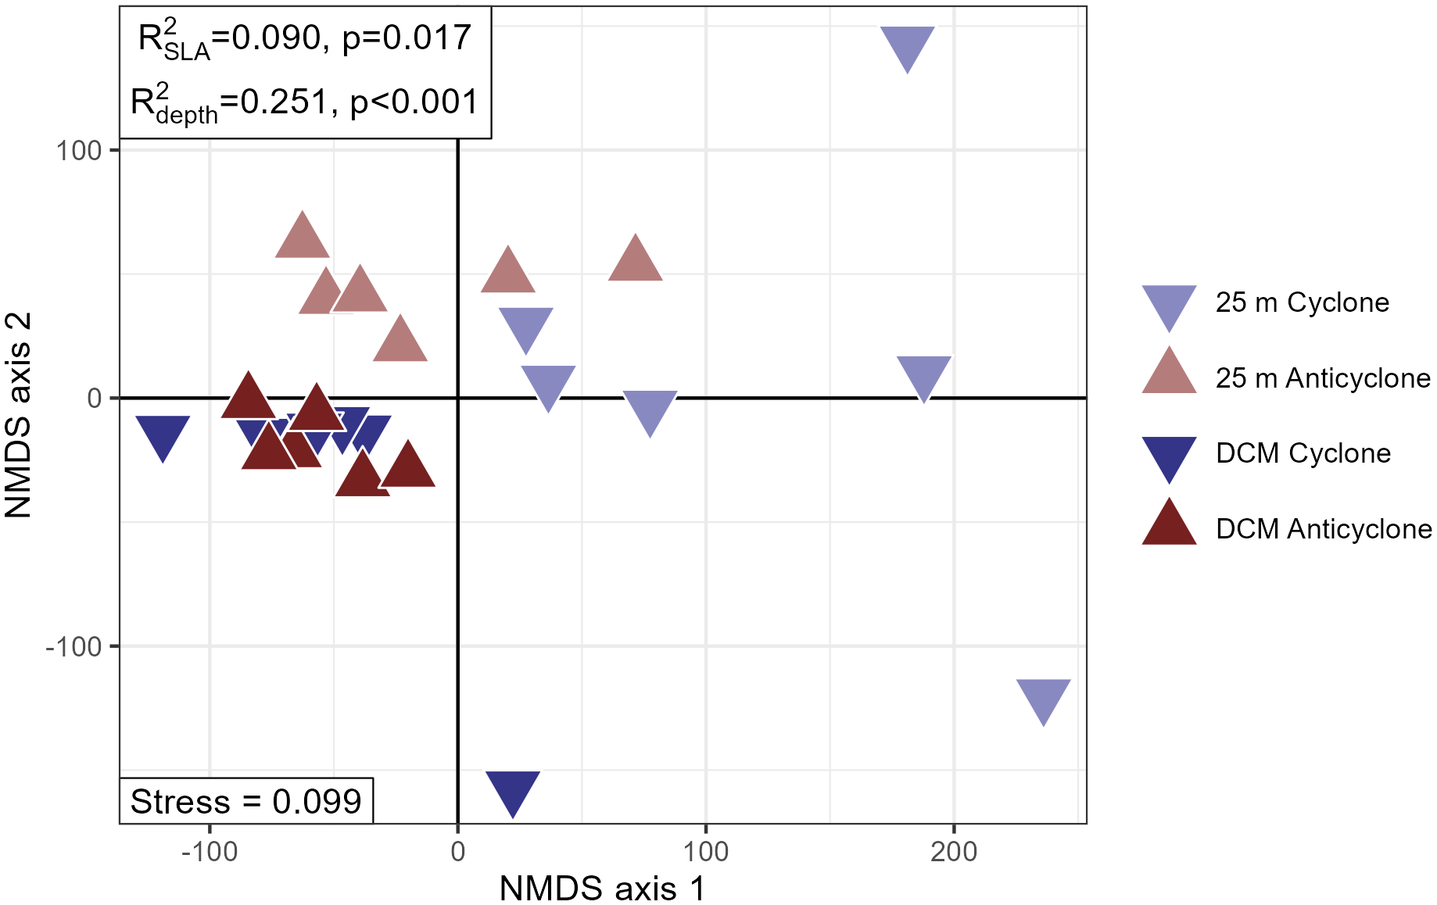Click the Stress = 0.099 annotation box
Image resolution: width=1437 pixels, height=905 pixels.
point(245,801)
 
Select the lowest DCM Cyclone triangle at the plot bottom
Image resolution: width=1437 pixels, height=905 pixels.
point(513,790)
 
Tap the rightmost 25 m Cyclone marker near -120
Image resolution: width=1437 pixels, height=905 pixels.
point(1044,698)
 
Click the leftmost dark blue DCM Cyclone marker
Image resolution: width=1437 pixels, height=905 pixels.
point(163,435)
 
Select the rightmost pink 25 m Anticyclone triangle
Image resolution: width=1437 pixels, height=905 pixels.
point(635,261)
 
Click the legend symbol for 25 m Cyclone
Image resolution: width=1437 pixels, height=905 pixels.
point(1169,304)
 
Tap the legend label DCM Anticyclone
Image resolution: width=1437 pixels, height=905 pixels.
point(1323,529)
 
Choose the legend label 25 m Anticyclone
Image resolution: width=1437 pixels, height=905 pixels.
point(1322,378)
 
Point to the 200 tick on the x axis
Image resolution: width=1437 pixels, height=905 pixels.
point(954,851)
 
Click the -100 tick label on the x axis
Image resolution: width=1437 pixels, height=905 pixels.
point(209,851)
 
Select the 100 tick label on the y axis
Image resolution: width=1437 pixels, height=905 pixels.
point(78,150)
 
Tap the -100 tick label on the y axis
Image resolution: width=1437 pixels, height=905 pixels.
point(73,646)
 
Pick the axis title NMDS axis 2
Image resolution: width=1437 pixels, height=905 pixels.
point(19,414)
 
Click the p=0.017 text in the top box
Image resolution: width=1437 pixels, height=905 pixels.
point(407,38)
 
